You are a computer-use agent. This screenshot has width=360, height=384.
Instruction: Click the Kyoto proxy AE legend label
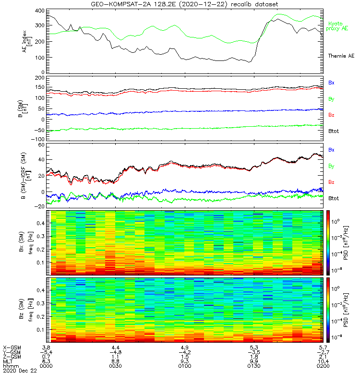click(x=338, y=26)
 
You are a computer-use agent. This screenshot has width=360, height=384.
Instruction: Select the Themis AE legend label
click(x=340, y=56)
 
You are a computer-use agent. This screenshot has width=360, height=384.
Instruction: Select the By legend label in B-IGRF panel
click(x=331, y=166)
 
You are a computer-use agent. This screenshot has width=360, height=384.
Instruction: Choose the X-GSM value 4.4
click(x=115, y=347)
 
